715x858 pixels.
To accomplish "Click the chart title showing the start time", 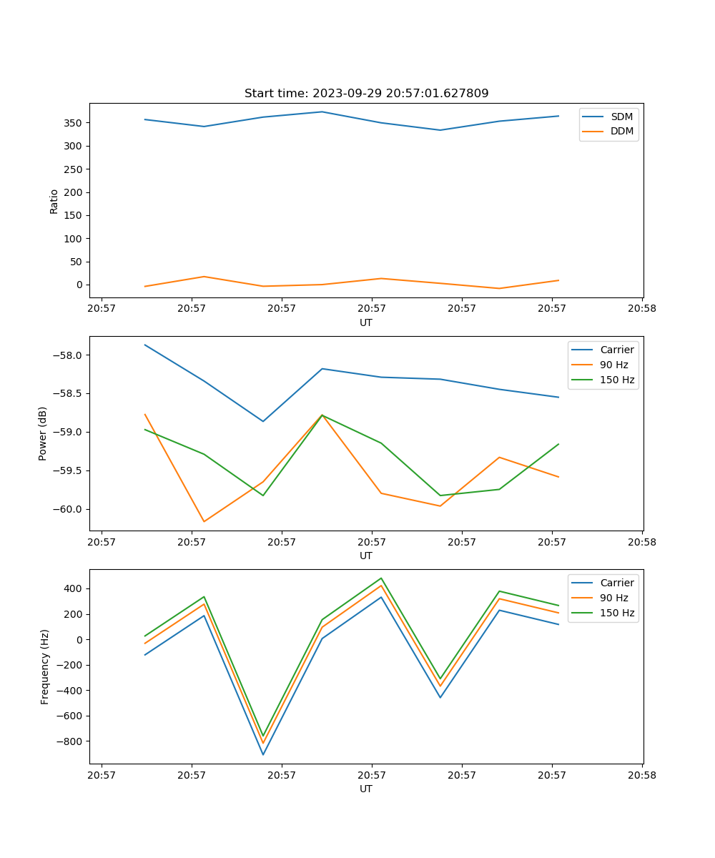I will point(366,93).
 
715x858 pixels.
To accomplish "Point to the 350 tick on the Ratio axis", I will point(74,123).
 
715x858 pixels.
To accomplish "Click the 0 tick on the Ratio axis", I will point(79,285).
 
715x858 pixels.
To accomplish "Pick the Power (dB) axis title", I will point(43,433).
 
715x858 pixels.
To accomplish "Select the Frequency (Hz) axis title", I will point(44,666).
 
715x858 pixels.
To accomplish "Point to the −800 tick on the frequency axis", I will point(69,741).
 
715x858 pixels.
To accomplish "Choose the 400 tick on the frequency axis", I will point(74,588).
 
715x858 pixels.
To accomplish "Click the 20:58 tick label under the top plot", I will point(641,309).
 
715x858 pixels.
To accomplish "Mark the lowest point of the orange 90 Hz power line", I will point(204,521).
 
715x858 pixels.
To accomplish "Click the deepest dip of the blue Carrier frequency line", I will point(263,754).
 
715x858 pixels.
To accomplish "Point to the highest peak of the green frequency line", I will point(381,578).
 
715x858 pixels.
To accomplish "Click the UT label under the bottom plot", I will point(366,789).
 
